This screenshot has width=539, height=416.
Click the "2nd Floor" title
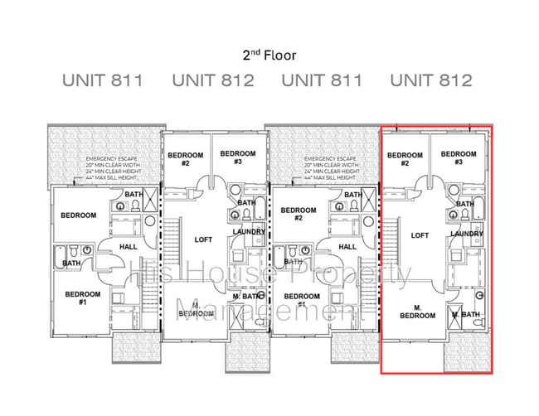[269, 56]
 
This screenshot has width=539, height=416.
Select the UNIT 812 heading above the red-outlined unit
[431, 80]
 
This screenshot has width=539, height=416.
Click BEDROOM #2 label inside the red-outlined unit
[405, 159]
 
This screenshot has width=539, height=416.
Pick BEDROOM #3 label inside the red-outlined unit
[459, 157]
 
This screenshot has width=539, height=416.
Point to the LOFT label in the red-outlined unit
[420, 235]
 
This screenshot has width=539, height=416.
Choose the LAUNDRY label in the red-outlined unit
[467, 234]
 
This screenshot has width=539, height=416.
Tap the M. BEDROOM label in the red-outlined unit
[417, 312]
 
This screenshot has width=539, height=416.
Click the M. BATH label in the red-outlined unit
[466, 315]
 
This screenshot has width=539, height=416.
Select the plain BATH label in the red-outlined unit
[464, 204]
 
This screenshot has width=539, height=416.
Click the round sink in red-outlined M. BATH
[479, 295]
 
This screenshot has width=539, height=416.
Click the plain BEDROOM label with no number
[79, 215]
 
